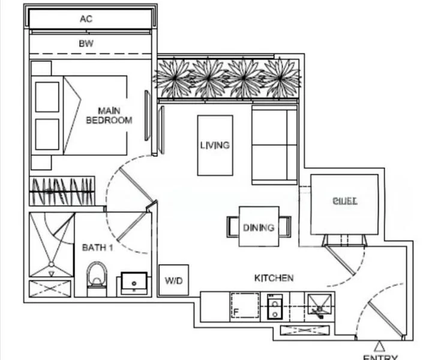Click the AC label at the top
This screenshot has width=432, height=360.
86,19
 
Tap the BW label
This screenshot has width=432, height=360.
86,44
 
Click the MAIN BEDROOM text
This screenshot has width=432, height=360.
109,115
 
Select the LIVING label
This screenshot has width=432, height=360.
215,145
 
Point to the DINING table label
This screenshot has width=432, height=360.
259,227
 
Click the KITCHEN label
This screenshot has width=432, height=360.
274,278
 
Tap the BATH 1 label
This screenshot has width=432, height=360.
97,247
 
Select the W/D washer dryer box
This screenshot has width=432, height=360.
173,280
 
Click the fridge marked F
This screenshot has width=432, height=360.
244,306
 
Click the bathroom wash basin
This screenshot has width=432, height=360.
135,282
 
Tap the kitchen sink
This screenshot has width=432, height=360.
319,306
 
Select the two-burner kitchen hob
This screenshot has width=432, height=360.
274,307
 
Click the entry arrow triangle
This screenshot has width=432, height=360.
379,346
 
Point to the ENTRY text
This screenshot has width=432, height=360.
380,357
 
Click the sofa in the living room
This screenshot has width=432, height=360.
274,144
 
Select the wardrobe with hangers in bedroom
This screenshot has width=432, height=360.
62,192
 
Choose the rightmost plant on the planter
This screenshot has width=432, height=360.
281,77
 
